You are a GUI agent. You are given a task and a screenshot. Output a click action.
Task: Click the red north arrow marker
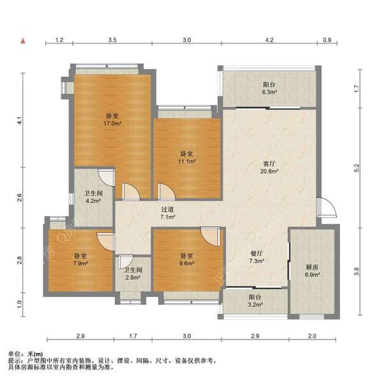click(23, 41)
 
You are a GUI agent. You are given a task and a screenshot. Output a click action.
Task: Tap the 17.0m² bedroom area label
click(112, 120)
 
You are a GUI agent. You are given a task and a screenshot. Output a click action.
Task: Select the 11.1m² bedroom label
click(187, 157)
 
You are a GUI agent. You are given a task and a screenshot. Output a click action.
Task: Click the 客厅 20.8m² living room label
click(269, 168)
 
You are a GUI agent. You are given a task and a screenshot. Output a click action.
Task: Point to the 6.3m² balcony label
click(269, 88)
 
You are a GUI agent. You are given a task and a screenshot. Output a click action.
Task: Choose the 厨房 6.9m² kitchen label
click(312, 271)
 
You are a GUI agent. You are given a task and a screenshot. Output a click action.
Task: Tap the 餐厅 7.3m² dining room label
click(256, 257)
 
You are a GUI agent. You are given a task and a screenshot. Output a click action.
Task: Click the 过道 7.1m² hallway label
click(167, 213)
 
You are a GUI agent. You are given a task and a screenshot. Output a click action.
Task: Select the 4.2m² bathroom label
click(93, 197)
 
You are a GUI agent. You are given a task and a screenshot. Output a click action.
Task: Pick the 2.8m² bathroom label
click(133, 274)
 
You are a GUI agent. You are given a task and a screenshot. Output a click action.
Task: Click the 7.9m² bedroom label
click(80, 260)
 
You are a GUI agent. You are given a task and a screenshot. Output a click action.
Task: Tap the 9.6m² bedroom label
click(187, 260)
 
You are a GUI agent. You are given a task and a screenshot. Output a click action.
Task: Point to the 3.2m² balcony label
click(255, 301)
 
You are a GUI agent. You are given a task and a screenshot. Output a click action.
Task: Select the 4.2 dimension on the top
click(269, 40)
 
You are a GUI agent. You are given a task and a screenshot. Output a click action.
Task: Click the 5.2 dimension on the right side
click(357, 168)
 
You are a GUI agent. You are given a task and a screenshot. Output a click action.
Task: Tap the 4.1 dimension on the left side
click(20, 121)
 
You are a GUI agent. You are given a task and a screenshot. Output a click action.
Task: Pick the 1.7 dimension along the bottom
click(133, 336)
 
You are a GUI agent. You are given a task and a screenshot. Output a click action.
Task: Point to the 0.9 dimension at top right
click(327, 40)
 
